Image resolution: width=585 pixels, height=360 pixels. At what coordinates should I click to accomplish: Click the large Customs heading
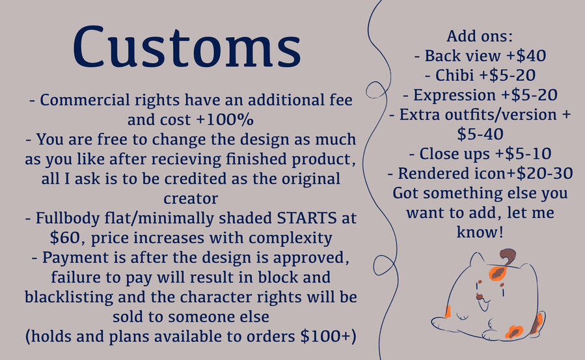tap(187, 47)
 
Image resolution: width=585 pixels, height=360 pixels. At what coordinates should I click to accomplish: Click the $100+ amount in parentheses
tap(325, 336)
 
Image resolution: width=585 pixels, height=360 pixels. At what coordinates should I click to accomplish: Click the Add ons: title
tap(480, 36)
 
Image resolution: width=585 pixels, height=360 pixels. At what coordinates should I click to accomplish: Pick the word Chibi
tap(454, 76)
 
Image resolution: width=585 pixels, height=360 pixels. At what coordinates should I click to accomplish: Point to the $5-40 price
tap(480, 134)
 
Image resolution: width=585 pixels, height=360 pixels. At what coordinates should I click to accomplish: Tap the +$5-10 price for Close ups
tap(523, 154)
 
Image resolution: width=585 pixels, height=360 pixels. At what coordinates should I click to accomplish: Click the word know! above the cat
tap(480, 232)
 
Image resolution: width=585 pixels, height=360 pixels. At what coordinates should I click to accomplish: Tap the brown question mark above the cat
tap(507, 257)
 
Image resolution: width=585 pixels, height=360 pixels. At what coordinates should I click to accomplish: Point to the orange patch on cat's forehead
tap(497, 273)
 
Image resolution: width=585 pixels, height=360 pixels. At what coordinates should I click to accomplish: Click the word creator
tap(191, 199)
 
